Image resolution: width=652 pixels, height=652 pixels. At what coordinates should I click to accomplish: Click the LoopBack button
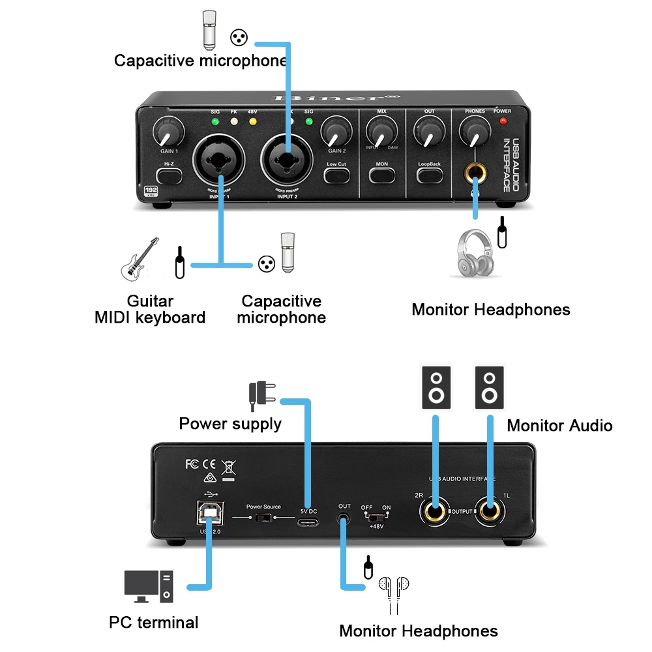430,174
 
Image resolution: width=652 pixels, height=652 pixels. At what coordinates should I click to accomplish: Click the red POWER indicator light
502,121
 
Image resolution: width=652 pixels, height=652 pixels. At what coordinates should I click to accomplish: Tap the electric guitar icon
140,259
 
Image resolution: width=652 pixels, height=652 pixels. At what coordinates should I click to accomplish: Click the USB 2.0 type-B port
210,514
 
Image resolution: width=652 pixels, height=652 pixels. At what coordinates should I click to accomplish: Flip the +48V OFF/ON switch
377,518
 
